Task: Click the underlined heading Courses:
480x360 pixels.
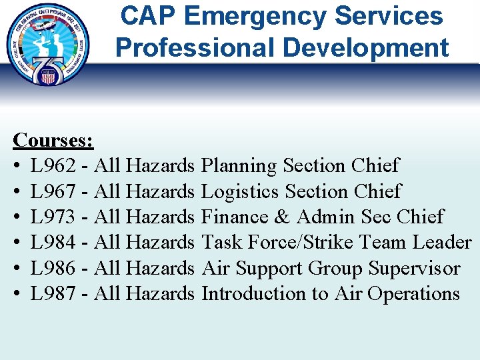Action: click(53, 140)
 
